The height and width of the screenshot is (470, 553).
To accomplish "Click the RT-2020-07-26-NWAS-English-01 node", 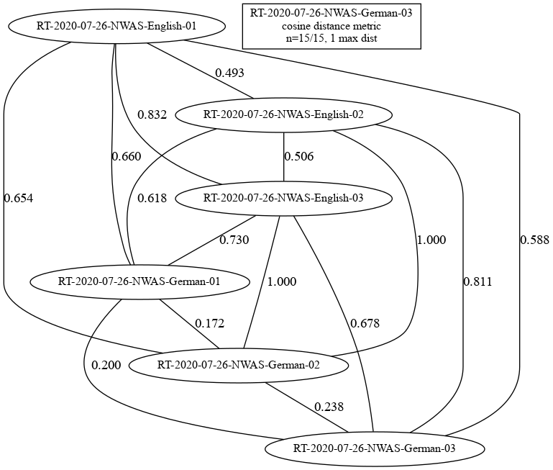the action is (116, 26).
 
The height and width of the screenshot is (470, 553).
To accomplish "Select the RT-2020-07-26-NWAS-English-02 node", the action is (283, 114).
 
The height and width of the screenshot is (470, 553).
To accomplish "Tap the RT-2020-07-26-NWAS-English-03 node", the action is (283, 198).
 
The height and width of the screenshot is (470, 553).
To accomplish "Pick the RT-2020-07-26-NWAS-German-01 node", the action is (140, 281).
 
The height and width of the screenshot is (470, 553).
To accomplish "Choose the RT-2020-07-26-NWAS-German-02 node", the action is (239, 365).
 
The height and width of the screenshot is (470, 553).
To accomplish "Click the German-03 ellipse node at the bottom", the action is (375, 448).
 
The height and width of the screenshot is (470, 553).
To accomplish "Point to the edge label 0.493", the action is (229, 73).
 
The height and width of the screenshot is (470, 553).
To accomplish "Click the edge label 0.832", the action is (152, 114).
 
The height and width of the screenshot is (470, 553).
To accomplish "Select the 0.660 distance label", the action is (127, 156).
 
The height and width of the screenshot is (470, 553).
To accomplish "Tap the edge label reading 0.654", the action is (19, 198).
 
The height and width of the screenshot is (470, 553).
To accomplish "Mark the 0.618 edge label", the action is (152, 198).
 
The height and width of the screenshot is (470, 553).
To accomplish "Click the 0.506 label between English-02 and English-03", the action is (299, 156).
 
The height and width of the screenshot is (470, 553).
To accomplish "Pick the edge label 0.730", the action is (234, 240).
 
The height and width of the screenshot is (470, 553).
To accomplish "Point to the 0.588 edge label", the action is (534, 240).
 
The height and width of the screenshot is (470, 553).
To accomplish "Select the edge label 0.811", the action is (477, 281).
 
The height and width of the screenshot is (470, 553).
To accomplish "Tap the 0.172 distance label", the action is (209, 323).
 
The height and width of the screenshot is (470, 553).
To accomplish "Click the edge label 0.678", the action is (365, 323).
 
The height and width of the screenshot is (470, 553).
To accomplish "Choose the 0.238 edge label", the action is (329, 407).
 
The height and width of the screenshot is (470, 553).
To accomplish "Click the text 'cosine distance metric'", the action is (332, 26).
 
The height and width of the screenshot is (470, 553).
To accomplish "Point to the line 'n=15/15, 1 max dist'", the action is (332, 37).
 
